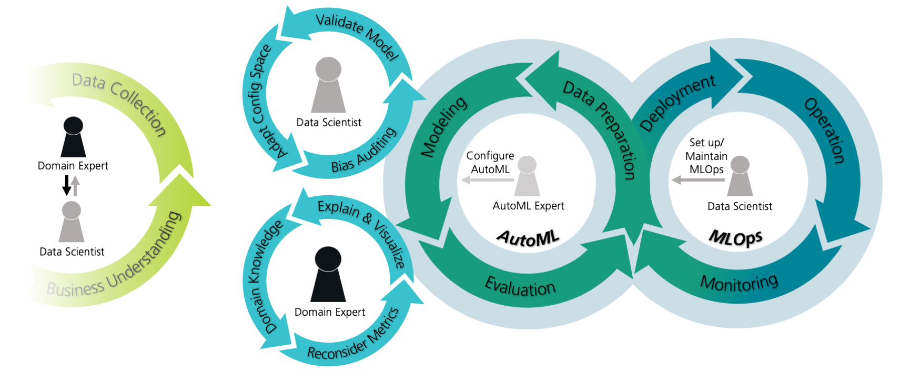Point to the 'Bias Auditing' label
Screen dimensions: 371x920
click(x=363, y=151)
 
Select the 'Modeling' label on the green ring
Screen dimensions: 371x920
click(x=443, y=127)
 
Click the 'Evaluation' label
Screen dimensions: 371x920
click(x=520, y=287)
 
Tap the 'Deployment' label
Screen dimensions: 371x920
click(x=677, y=102)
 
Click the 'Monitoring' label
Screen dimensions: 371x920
click(x=739, y=283)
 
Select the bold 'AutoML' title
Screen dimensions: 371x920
click(x=528, y=238)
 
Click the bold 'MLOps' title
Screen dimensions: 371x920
click(x=735, y=238)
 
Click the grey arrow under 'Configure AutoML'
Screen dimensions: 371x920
click(x=487, y=181)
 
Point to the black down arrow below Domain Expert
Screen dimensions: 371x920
click(x=67, y=185)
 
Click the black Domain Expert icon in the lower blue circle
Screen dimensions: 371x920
click(x=328, y=274)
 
